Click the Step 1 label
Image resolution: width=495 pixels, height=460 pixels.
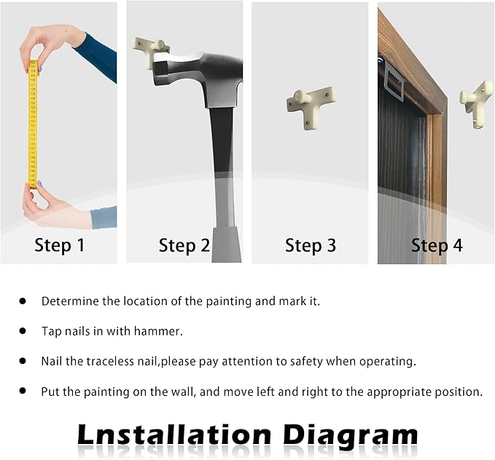[60, 245]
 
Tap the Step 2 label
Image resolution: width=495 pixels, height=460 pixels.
[184, 245]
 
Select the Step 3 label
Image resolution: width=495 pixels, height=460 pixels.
[311, 245]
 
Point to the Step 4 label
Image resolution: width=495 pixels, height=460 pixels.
[437, 245]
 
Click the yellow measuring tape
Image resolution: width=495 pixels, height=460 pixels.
[33, 124]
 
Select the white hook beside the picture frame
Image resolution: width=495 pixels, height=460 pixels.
[477, 104]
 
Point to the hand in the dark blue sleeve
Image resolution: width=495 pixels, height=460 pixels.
[50, 44]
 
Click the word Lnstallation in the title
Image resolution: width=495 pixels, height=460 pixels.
[174, 435]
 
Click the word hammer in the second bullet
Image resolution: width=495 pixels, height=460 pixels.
[158, 331]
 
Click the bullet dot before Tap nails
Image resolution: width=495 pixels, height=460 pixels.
[23, 330]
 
